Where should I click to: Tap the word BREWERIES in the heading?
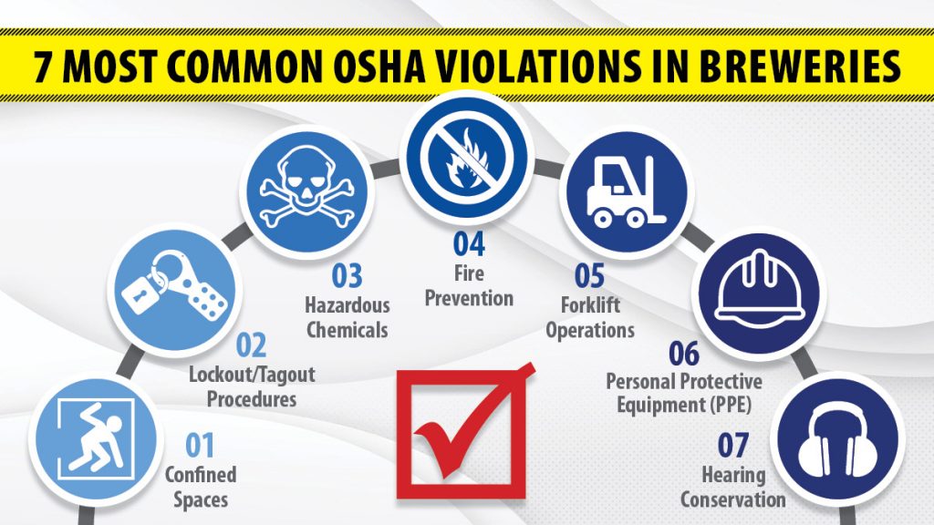click(x=799, y=66)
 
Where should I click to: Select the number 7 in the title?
click(x=41, y=66)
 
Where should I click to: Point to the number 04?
click(x=469, y=244)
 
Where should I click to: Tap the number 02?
click(x=251, y=345)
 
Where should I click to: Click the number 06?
click(x=684, y=354)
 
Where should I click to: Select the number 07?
click(x=732, y=445)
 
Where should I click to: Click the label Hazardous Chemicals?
click(x=348, y=317)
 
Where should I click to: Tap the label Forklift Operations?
click(x=590, y=317)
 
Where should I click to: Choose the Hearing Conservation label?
click(x=733, y=487)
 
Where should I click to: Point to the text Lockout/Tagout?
click(x=252, y=375)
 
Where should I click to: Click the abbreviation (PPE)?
click(x=731, y=406)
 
